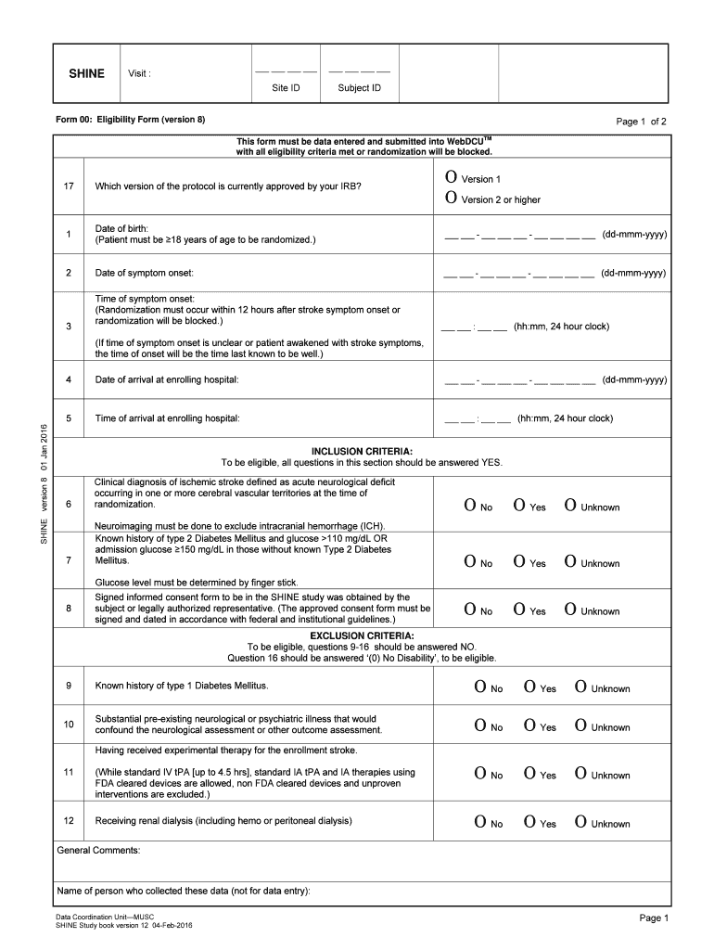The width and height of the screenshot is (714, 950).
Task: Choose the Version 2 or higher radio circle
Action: click(451, 198)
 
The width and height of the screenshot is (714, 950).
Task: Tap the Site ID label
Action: click(286, 89)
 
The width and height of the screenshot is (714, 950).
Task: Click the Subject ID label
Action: click(360, 89)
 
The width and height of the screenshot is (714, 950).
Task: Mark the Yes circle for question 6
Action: click(520, 506)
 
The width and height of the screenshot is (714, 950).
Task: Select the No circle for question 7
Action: click(471, 562)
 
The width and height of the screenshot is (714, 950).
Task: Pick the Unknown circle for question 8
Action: click(570, 610)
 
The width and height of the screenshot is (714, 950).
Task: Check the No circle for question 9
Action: click(480, 687)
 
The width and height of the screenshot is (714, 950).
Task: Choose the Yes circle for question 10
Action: click(529, 725)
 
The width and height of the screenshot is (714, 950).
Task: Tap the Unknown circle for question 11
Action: click(580, 774)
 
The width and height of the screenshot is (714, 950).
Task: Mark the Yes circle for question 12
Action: click(529, 822)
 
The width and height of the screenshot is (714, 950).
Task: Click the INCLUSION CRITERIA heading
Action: click(362, 451)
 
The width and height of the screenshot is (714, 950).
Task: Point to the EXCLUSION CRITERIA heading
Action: click(362, 635)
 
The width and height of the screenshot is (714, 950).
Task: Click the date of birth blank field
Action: click(518, 236)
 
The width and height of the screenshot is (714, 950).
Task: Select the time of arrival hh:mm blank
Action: click(478, 419)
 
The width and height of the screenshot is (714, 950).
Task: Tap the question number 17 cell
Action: click(69, 186)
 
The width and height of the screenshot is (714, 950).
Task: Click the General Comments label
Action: click(98, 850)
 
